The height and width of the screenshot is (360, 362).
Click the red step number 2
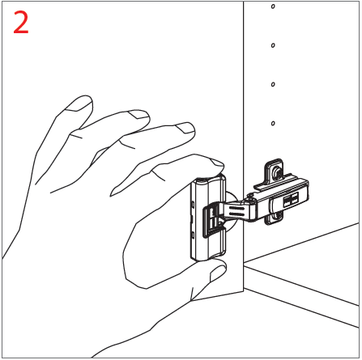(x=21, y=23)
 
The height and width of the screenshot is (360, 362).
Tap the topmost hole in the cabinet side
(x=273, y=6)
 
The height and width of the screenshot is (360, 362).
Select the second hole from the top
(x=273, y=45)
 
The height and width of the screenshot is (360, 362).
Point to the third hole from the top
(x=273, y=84)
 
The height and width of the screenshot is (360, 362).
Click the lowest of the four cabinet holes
(x=273, y=124)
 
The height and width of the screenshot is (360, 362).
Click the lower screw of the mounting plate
(x=276, y=216)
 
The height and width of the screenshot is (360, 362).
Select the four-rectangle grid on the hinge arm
(x=291, y=200)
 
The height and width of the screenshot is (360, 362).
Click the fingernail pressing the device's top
(x=218, y=163)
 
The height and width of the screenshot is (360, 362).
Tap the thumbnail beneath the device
(x=218, y=273)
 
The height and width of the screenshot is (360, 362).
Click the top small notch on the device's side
(x=193, y=205)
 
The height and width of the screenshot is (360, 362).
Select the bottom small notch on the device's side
(x=193, y=235)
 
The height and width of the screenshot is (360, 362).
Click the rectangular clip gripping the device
(x=214, y=220)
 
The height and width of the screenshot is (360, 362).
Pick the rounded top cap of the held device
(x=209, y=179)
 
